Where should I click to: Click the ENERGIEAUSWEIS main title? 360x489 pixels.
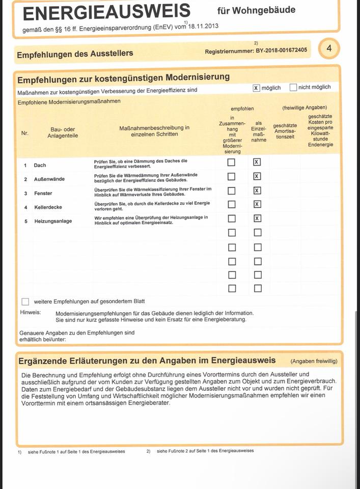(106, 11)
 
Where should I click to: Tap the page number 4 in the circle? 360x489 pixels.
(329, 49)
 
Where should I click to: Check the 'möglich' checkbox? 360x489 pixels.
(256, 88)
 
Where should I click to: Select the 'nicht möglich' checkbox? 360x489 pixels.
(293, 87)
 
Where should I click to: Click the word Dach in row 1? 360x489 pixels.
(40, 165)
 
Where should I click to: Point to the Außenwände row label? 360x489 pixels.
(49, 179)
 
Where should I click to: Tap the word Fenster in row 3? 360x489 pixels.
(43, 194)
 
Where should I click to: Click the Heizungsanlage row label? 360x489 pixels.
(53, 221)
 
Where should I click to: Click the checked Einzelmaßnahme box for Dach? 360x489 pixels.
(257, 162)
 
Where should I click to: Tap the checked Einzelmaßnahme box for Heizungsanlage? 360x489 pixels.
(257, 219)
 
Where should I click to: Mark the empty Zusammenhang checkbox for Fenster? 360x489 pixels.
(231, 191)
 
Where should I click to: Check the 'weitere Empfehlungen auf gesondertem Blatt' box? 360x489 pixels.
(25, 302)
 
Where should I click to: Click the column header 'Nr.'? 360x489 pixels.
(25, 133)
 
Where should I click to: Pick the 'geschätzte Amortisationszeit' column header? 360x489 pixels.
(285, 131)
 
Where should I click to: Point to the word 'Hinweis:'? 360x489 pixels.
(31, 312)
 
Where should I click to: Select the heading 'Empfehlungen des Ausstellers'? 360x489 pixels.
(75, 53)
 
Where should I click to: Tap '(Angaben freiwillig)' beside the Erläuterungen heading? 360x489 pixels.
(314, 361)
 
